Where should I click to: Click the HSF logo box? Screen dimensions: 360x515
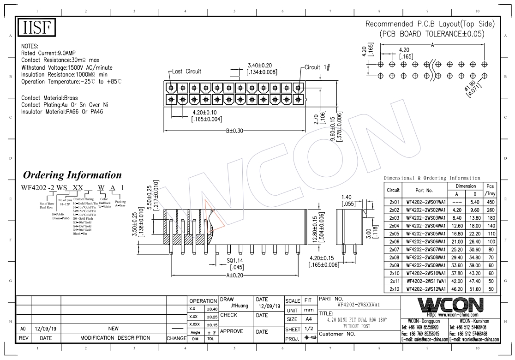click(36, 28)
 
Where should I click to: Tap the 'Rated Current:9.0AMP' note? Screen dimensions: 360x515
click(49, 54)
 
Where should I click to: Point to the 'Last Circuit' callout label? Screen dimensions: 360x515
click(186, 72)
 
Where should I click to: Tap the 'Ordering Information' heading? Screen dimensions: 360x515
click(72, 175)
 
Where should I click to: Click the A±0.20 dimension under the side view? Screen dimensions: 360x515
click(235, 276)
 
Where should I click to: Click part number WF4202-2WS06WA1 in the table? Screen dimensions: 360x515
click(425, 241)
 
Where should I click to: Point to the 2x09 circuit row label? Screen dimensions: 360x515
click(394, 265)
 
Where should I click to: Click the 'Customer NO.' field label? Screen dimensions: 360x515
click(337, 334)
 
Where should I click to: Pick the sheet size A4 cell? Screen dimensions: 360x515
click(308, 319)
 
